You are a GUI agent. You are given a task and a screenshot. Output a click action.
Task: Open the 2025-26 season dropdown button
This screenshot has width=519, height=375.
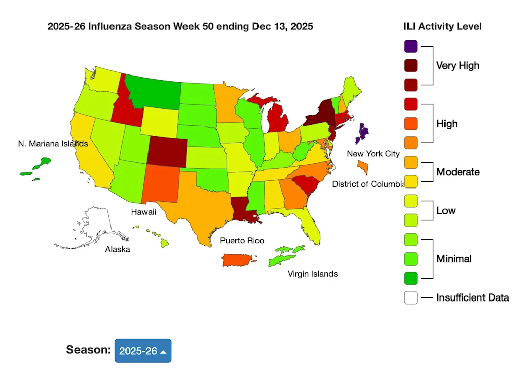tap(143, 351)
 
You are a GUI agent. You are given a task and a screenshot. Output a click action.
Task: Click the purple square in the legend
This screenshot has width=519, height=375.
tap(411, 46)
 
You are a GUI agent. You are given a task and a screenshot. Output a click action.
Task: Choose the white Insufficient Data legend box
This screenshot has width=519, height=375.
tap(411, 297)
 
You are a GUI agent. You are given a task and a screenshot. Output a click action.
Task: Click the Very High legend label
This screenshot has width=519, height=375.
tap(458, 65)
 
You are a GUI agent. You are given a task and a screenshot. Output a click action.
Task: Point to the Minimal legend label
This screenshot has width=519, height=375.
tap(454, 259)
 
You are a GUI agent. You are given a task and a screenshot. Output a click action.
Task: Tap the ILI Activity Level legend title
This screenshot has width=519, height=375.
tap(442, 26)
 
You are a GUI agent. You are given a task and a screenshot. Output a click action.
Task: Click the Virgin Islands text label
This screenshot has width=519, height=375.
tap(312, 274)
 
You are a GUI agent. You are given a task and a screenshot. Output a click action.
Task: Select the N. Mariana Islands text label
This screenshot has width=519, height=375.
tap(53, 144)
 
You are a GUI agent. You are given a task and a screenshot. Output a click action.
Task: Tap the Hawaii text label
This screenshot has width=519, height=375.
tap(143, 212)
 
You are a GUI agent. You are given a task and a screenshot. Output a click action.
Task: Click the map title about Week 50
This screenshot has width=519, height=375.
tap(180, 26)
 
